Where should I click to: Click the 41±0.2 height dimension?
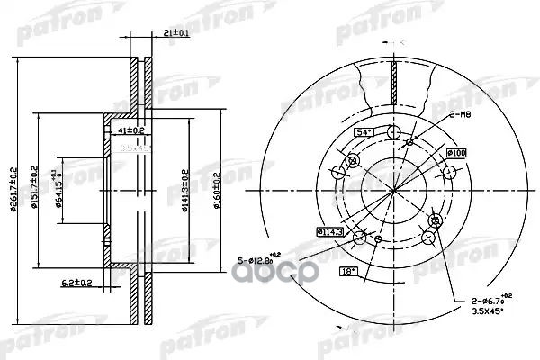pyautogui.click(x=134, y=130)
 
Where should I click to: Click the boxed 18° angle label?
pyautogui.click(x=346, y=270)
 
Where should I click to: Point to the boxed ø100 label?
pyautogui.click(x=456, y=155)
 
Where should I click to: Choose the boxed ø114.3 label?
pyautogui.click(x=328, y=231)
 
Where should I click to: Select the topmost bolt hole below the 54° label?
pyautogui.click(x=392, y=133)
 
